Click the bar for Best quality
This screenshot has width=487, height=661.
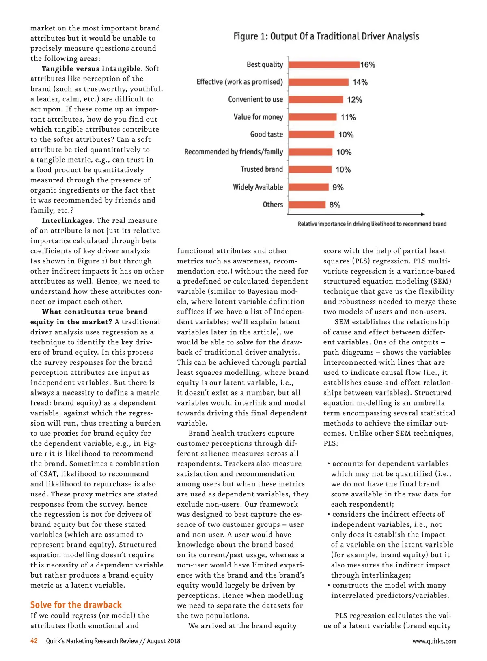(x=324, y=65)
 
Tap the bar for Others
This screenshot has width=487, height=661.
(x=307, y=205)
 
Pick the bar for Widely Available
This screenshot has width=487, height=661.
(x=308, y=187)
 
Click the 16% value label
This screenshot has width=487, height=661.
(x=368, y=65)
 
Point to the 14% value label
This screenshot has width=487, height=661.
(x=360, y=82)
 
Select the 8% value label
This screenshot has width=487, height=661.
(x=335, y=205)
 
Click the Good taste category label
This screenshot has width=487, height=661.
(x=266, y=135)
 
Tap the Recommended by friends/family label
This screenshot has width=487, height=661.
(x=233, y=152)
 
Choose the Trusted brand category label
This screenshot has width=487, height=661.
(x=261, y=169)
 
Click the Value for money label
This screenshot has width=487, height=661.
(x=258, y=117)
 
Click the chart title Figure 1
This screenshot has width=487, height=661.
(x=326, y=36)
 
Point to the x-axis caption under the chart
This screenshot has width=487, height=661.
(x=372, y=224)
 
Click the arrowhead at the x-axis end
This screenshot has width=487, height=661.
(x=422, y=214)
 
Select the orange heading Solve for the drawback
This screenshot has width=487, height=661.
(x=76, y=605)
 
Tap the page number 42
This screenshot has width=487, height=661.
(x=34, y=641)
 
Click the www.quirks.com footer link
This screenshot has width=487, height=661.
(x=434, y=641)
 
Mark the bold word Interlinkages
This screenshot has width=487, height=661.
(x=67, y=220)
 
